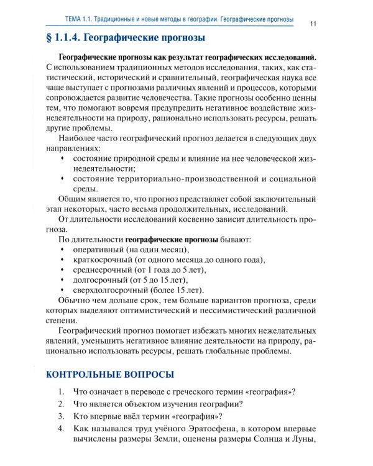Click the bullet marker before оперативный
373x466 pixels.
click(x=62, y=249)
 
